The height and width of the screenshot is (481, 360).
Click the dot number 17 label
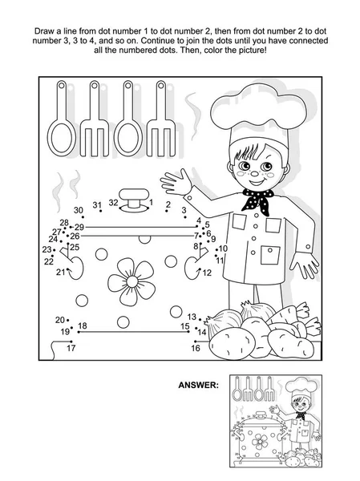(71, 348)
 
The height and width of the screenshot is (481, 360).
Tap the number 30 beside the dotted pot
(79, 210)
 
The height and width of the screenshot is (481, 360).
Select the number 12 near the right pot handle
(207, 273)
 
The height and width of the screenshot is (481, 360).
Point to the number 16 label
(196, 348)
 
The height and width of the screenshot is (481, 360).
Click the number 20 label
(60, 320)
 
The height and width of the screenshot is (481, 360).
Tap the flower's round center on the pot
(132, 281)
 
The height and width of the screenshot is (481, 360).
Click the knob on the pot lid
(134, 198)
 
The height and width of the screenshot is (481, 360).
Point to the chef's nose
(254, 173)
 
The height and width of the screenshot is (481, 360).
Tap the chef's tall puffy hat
(258, 115)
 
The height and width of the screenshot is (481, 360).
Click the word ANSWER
(199, 385)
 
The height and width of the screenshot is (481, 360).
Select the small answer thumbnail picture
(276, 421)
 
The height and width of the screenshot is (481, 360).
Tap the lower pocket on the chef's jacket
(270, 255)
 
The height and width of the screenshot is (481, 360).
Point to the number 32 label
(113, 203)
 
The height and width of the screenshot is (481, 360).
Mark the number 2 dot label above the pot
(168, 204)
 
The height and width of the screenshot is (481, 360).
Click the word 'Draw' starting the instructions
(42, 31)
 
